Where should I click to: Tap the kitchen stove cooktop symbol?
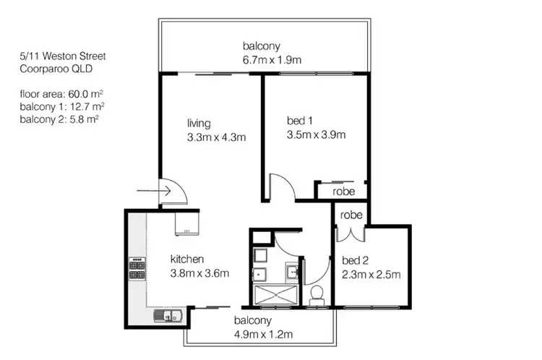tap(135, 270)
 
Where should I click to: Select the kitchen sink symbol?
tap(163, 314)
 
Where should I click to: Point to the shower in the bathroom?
tap(277, 294)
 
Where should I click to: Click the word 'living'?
tap(198, 122)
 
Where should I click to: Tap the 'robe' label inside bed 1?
tap(343, 192)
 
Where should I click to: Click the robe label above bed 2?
tap(351, 215)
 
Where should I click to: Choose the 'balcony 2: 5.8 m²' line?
tap(59, 119)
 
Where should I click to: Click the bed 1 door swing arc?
tap(283, 187)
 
